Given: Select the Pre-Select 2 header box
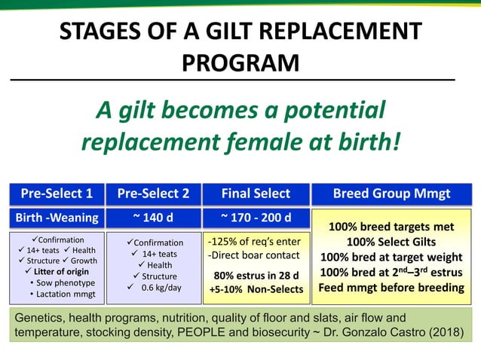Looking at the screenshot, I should click(x=153, y=194).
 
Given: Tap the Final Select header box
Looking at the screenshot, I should click(x=255, y=194).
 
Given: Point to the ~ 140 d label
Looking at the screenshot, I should click(x=153, y=218).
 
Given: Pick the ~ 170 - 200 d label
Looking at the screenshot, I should click(x=255, y=218).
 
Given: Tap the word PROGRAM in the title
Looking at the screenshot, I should click(x=240, y=63).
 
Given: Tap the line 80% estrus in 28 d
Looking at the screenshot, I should click(x=255, y=275).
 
